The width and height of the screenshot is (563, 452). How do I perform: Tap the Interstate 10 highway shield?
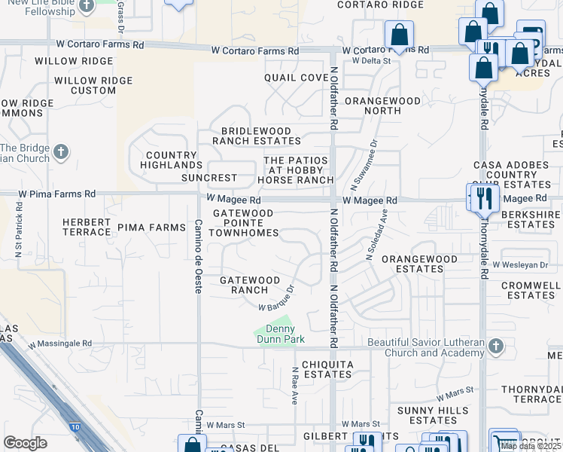coord(74,427)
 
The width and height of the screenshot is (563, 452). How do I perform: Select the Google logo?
coord(25,443)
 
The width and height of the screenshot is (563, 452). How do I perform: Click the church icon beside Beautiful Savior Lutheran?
coord(495,347)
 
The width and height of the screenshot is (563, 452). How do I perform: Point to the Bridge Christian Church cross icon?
coord(62,153)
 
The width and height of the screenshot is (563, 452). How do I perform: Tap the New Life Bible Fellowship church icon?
coord(87,6)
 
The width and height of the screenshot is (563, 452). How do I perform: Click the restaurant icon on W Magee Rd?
coord(484,198)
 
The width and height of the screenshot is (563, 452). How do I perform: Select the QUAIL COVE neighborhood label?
coord(297,78)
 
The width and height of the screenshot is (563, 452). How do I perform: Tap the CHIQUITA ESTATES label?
coord(327,369)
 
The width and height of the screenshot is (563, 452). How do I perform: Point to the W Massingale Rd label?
coord(60,344)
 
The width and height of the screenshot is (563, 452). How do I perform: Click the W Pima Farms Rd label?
coord(58,194)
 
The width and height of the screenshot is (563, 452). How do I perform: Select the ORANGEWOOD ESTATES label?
coord(419,264)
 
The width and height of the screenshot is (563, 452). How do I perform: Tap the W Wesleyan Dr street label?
coord(520,264)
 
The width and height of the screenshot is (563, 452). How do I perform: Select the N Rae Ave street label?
coord(296,386)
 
